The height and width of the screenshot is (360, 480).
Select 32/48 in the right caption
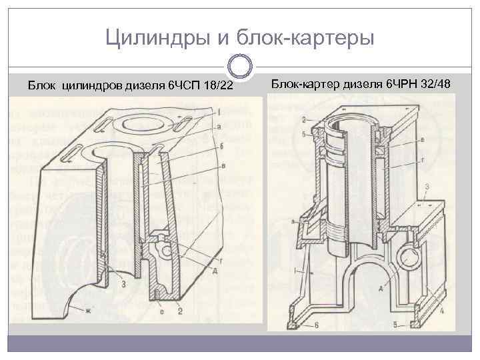[x=434, y=85]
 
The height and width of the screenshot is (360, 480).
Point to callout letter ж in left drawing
[x=87, y=311]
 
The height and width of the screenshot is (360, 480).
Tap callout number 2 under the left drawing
[x=181, y=311]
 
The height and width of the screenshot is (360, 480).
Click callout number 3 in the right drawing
[x=426, y=186]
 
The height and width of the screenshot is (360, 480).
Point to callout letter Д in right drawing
[x=379, y=288]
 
